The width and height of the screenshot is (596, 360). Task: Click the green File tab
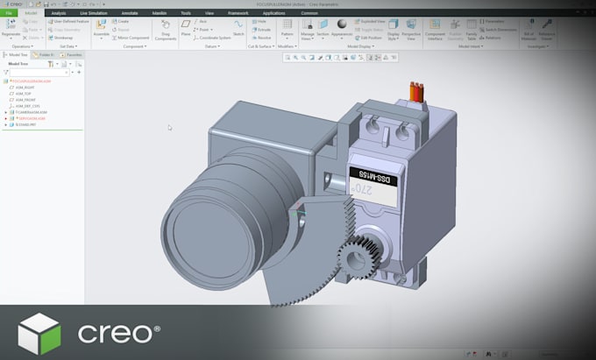coord(10,14)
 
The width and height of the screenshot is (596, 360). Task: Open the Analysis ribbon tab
coord(58,14)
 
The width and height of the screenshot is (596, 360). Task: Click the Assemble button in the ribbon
coord(102,30)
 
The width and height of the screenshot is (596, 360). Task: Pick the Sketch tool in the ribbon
coord(238,30)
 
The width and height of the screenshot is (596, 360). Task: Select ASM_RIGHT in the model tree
coord(24,88)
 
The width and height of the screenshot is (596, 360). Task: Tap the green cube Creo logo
coord(38,333)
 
